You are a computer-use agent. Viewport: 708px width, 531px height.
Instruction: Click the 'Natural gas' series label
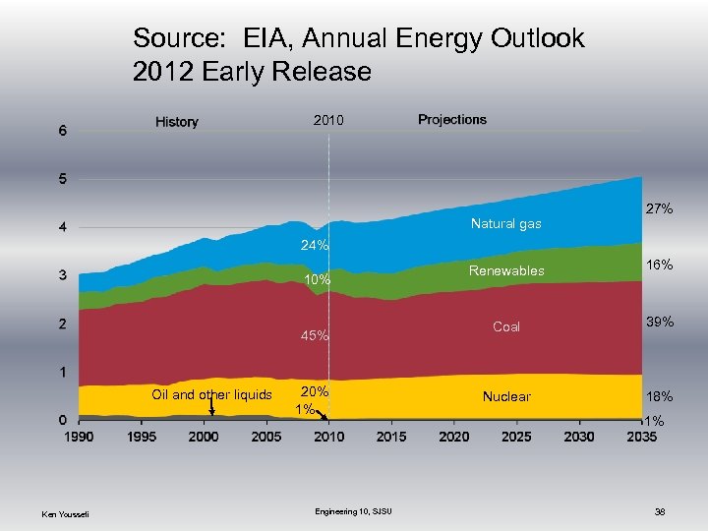(x=505, y=224)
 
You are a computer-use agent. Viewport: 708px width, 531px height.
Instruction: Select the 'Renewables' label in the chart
(x=506, y=270)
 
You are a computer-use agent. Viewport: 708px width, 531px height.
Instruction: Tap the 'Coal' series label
(x=506, y=326)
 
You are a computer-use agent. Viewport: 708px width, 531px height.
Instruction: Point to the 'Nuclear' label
(x=506, y=396)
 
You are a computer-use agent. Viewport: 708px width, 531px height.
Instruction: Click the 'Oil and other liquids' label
(x=211, y=394)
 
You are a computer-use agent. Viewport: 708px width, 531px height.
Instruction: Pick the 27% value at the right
(x=658, y=209)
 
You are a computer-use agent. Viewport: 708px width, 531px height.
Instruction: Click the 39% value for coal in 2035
(x=658, y=323)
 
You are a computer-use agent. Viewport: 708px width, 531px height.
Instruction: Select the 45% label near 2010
(x=315, y=336)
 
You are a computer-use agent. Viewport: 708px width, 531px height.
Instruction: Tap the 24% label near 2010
(x=315, y=245)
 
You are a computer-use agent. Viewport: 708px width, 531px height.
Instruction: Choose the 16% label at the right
(x=658, y=265)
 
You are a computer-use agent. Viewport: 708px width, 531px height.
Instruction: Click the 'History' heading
(x=177, y=122)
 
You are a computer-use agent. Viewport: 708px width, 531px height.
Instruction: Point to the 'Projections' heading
(x=451, y=120)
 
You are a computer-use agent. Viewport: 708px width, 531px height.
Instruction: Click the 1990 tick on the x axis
(x=80, y=437)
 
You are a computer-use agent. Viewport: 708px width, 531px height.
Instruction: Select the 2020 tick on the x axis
(x=453, y=437)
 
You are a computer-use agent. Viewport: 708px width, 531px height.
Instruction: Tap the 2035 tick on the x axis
(x=640, y=437)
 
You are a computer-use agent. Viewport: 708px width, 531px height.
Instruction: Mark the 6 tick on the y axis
(x=63, y=131)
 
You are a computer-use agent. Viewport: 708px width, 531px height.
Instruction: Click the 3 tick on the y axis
(x=63, y=275)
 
